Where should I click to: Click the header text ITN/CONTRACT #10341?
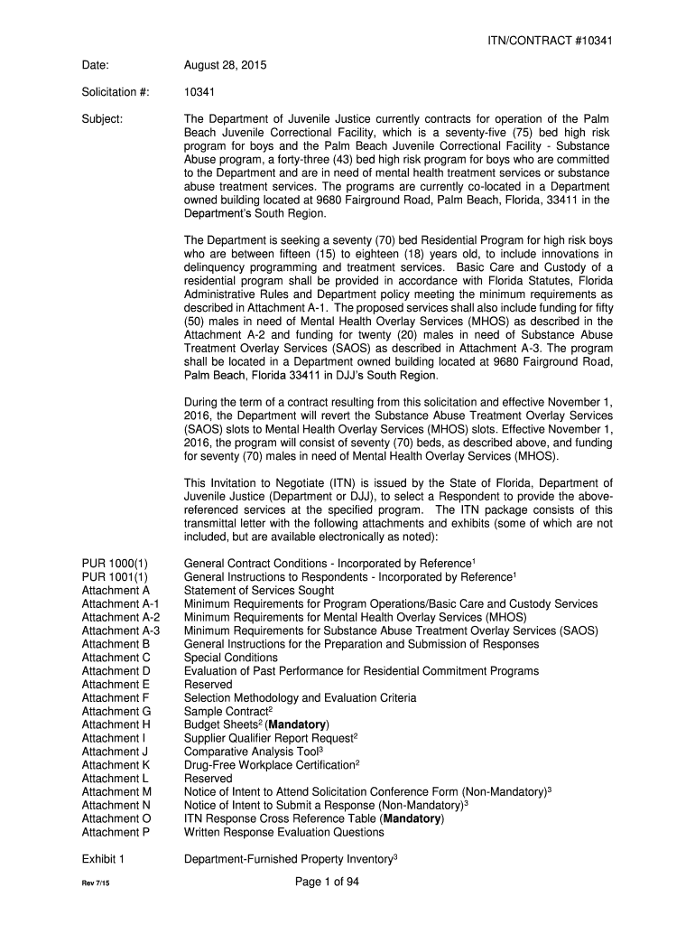[x=553, y=41]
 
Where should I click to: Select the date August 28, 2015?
[x=225, y=66]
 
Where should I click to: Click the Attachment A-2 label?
[x=121, y=617]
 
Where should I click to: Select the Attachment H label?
[x=116, y=724]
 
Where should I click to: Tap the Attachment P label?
[x=116, y=832]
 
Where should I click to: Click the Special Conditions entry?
[x=231, y=658]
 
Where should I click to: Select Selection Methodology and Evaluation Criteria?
[x=300, y=697]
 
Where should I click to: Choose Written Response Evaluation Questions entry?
[x=283, y=832]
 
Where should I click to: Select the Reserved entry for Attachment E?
[x=208, y=685]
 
